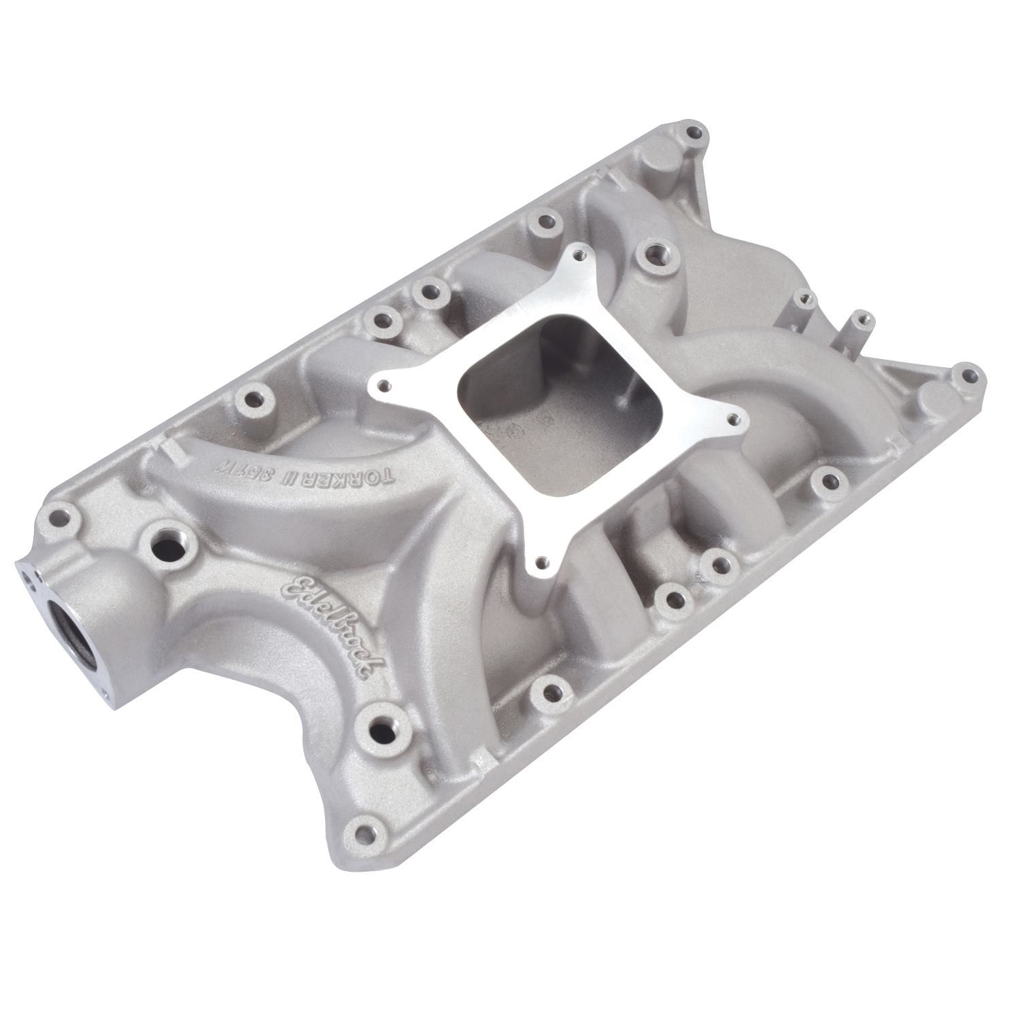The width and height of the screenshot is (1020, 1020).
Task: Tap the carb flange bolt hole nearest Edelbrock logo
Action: [541, 562]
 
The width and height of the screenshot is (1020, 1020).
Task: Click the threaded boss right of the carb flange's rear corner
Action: [656, 255]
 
